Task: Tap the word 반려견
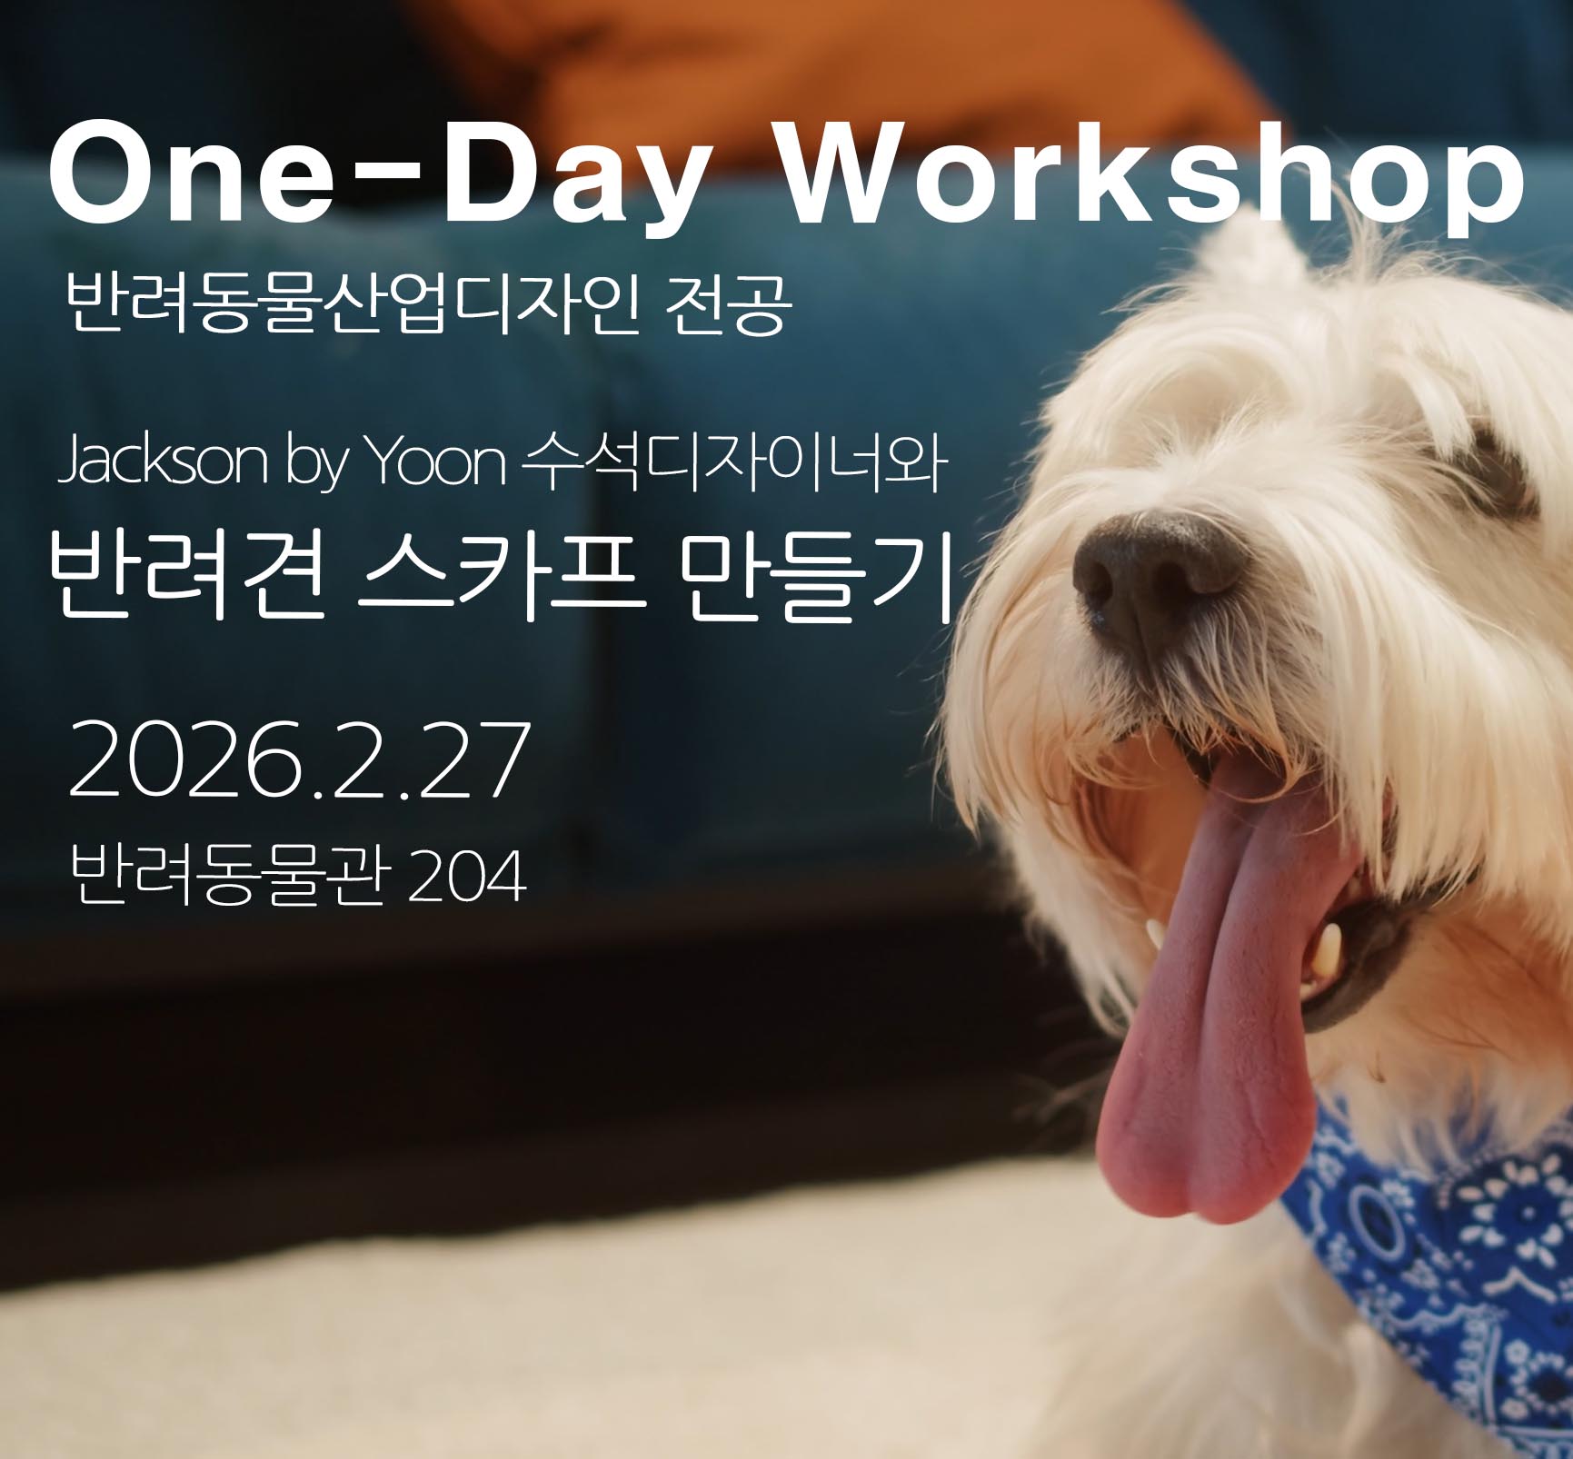pyautogui.click(x=187, y=573)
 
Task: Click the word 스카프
pyautogui.click(x=502, y=573)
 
